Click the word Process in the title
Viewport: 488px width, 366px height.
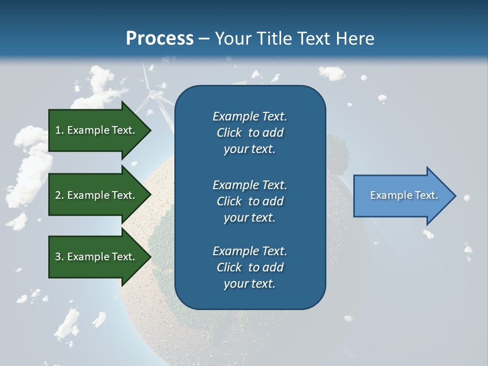click(160, 39)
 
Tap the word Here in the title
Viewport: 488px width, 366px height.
click(354, 39)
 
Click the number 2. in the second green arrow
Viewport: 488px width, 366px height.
click(59, 195)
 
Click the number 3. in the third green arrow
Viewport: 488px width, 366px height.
click(59, 257)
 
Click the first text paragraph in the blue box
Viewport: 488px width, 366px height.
click(250, 133)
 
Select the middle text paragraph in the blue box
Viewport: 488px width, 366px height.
click(250, 201)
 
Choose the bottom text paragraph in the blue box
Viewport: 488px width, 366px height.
click(250, 267)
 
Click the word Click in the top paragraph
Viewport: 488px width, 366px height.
click(229, 133)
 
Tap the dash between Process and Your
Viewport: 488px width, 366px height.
click(204, 39)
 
